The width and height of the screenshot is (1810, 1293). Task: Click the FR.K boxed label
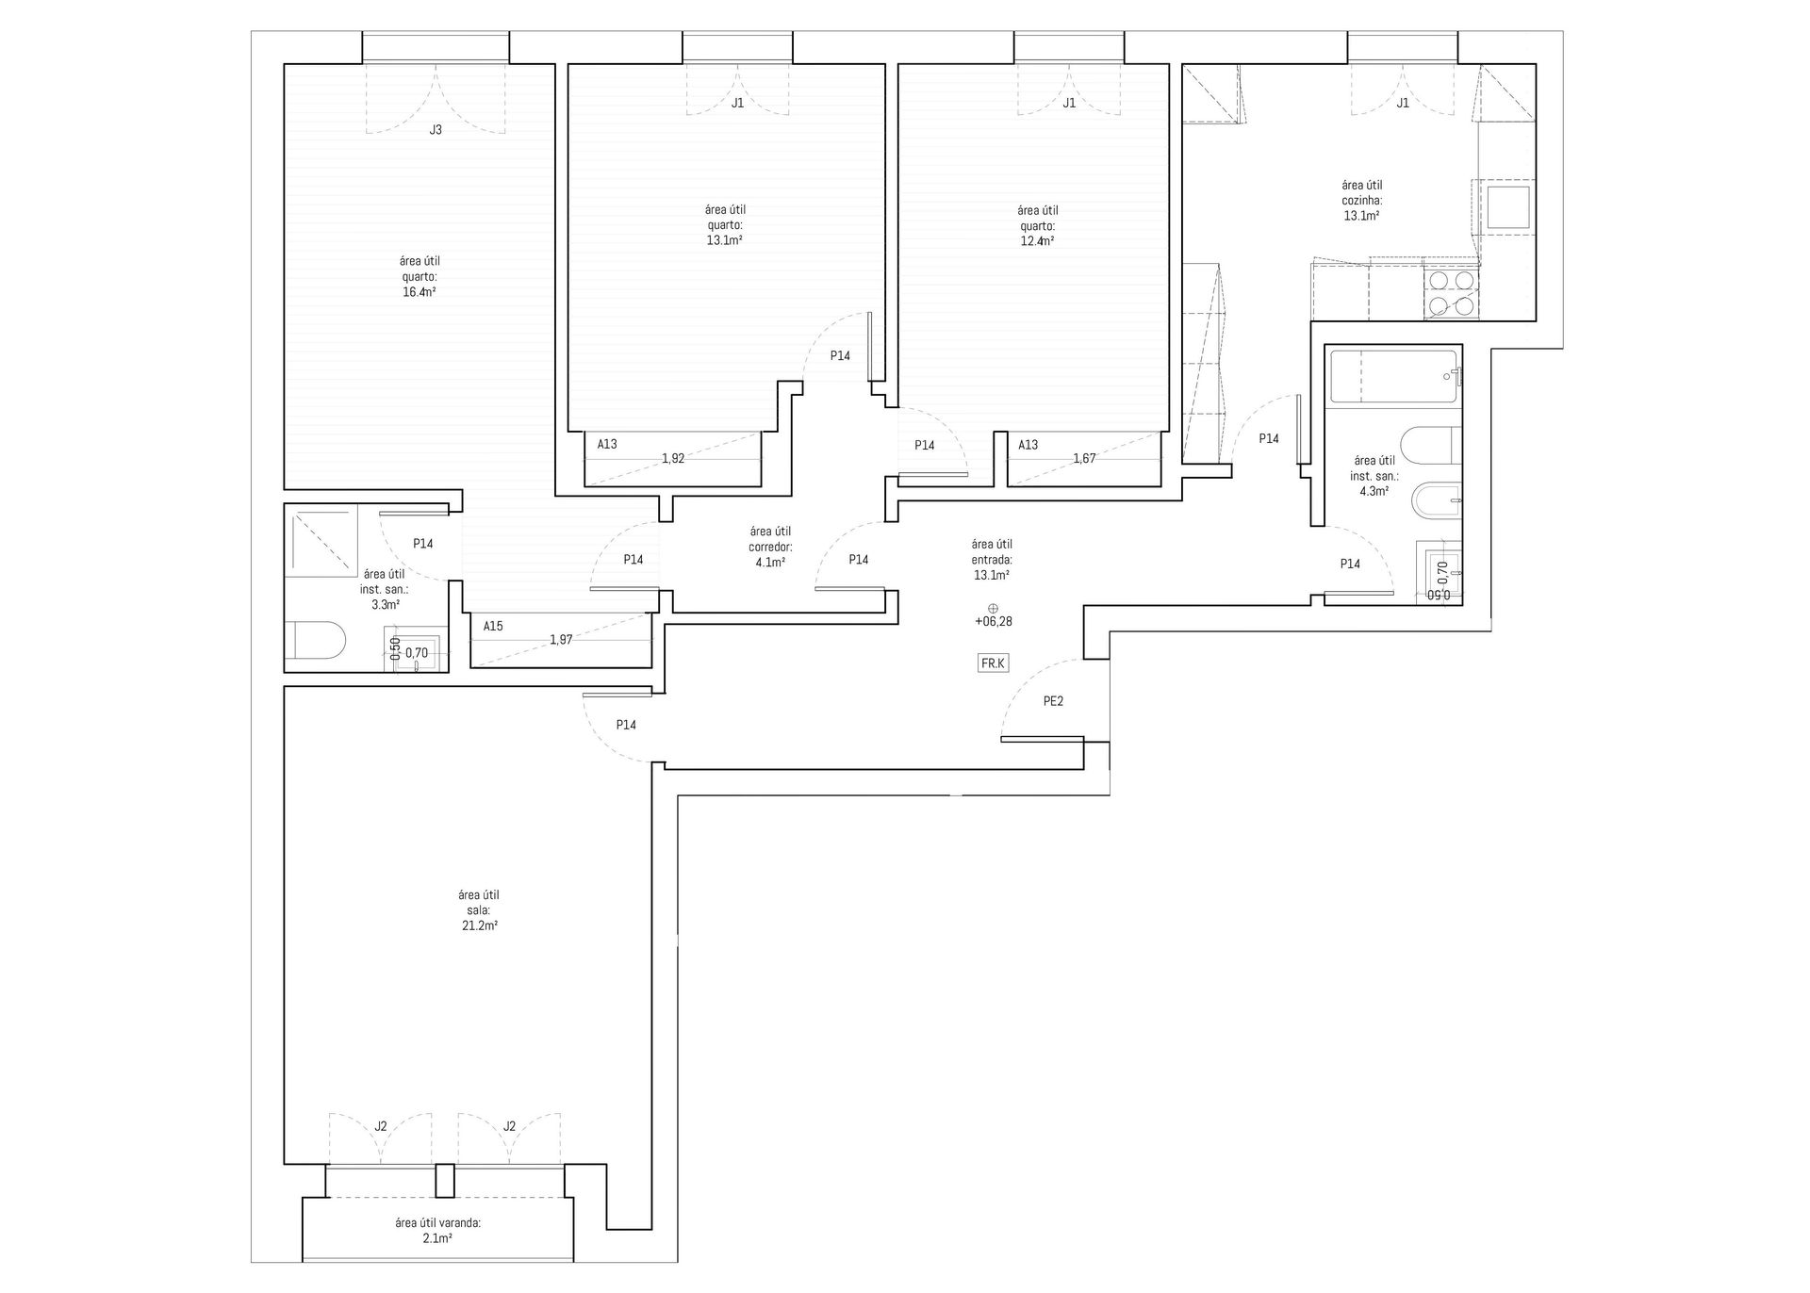993,663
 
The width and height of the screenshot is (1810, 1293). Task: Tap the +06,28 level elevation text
993,622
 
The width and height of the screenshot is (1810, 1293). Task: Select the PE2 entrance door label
1053,701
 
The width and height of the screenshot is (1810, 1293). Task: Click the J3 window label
436,130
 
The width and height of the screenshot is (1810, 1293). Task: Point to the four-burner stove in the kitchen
1451,292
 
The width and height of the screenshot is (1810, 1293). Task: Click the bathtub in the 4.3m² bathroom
1392,378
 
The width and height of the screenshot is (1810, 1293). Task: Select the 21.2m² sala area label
478,910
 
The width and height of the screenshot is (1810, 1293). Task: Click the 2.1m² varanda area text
437,1230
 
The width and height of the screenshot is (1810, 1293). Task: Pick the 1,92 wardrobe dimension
672,459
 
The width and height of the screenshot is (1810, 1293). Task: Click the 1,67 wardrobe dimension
1084,459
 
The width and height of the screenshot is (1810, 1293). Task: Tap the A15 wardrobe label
493,626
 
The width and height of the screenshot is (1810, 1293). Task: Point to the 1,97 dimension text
561,640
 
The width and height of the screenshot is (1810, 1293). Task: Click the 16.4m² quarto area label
419,277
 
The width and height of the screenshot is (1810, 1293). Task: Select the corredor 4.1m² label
770,547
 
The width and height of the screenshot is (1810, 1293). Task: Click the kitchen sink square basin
1506,208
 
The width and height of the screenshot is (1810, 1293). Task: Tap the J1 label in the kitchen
1403,104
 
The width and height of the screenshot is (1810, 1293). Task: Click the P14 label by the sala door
626,725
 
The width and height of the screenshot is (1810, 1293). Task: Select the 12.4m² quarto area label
1037,226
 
